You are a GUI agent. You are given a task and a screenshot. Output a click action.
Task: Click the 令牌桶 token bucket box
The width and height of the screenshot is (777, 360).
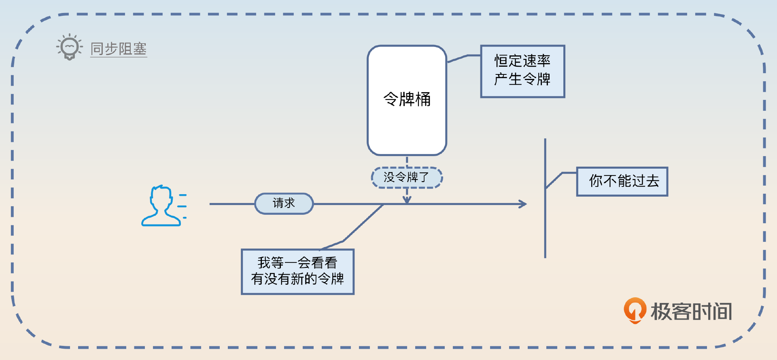pyautogui.click(x=407, y=100)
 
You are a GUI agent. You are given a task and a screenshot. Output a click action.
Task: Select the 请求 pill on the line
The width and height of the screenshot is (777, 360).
pyautogui.click(x=284, y=203)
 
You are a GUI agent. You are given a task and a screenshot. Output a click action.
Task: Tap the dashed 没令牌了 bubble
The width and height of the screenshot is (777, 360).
pyautogui.click(x=407, y=177)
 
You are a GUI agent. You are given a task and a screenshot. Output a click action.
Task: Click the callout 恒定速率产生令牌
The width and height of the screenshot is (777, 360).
pyautogui.click(x=522, y=71)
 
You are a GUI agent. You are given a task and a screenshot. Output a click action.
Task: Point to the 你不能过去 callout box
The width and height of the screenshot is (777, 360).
pyautogui.click(x=622, y=181)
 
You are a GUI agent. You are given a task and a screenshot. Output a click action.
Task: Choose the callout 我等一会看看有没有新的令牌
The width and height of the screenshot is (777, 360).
pyautogui.click(x=297, y=271)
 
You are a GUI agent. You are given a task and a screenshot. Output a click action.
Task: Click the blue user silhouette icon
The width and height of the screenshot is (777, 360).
pyautogui.click(x=161, y=206)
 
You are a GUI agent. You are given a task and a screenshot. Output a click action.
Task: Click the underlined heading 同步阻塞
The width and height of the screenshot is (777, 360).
pyautogui.click(x=118, y=49)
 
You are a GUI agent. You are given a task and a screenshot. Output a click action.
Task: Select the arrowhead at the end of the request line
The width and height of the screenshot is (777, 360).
pyautogui.click(x=523, y=204)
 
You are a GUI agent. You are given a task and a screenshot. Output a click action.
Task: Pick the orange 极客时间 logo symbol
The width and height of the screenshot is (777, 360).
pyautogui.click(x=635, y=310)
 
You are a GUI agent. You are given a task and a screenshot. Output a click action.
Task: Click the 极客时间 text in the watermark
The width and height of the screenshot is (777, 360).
pyautogui.click(x=691, y=311)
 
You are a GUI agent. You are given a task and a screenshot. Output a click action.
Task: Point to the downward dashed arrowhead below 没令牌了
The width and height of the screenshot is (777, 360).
pyautogui.click(x=407, y=199)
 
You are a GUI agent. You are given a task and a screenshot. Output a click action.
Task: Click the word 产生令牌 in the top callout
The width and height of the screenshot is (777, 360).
pyautogui.click(x=522, y=79)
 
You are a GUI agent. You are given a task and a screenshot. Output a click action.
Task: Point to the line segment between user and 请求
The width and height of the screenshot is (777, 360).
pyautogui.click(x=231, y=204)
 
